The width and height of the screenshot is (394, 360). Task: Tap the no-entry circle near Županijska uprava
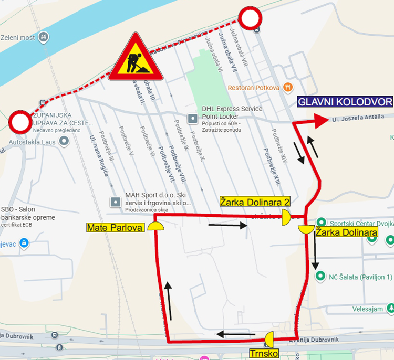click(x=20, y=123)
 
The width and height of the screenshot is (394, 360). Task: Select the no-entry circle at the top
click(x=250, y=19)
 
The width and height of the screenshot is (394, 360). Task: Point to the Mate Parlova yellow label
click(x=116, y=227)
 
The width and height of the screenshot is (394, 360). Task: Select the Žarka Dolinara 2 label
click(x=255, y=202)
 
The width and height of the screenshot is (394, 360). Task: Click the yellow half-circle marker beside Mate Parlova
click(x=155, y=227)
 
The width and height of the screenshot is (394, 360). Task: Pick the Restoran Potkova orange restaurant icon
click(x=287, y=87)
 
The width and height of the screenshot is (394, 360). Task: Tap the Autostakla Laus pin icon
click(x=64, y=141)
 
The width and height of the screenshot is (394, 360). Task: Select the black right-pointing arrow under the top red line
click(x=227, y=226)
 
